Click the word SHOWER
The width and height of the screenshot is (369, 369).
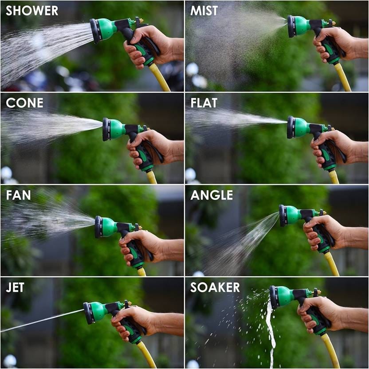[31, 11]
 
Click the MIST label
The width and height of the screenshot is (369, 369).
[204, 11]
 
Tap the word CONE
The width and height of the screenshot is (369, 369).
[24, 103]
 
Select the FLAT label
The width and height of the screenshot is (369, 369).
[204, 103]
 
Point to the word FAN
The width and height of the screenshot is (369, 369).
[18, 195]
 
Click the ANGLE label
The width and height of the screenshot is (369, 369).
[212, 195]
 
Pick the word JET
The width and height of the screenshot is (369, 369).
[15, 287]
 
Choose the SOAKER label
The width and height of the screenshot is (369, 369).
[215, 287]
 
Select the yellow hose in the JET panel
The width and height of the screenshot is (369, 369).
[146, 354]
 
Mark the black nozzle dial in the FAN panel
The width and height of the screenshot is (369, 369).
[98, 227]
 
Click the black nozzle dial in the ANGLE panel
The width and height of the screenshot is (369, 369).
[283, 216]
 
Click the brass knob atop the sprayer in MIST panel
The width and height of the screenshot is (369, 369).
[332, 22]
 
